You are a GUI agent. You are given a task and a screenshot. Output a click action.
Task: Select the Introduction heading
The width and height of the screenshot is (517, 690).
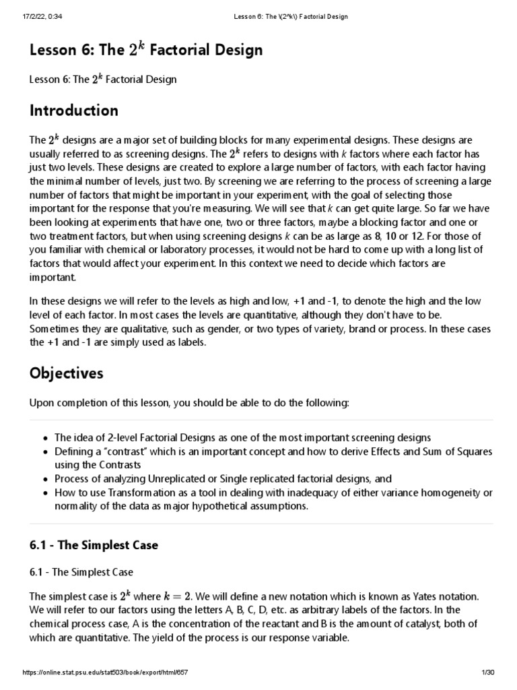73,111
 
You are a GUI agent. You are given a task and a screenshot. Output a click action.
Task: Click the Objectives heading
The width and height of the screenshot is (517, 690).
66,373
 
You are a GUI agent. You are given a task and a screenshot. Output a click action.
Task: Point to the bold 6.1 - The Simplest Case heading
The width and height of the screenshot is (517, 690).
94,545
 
